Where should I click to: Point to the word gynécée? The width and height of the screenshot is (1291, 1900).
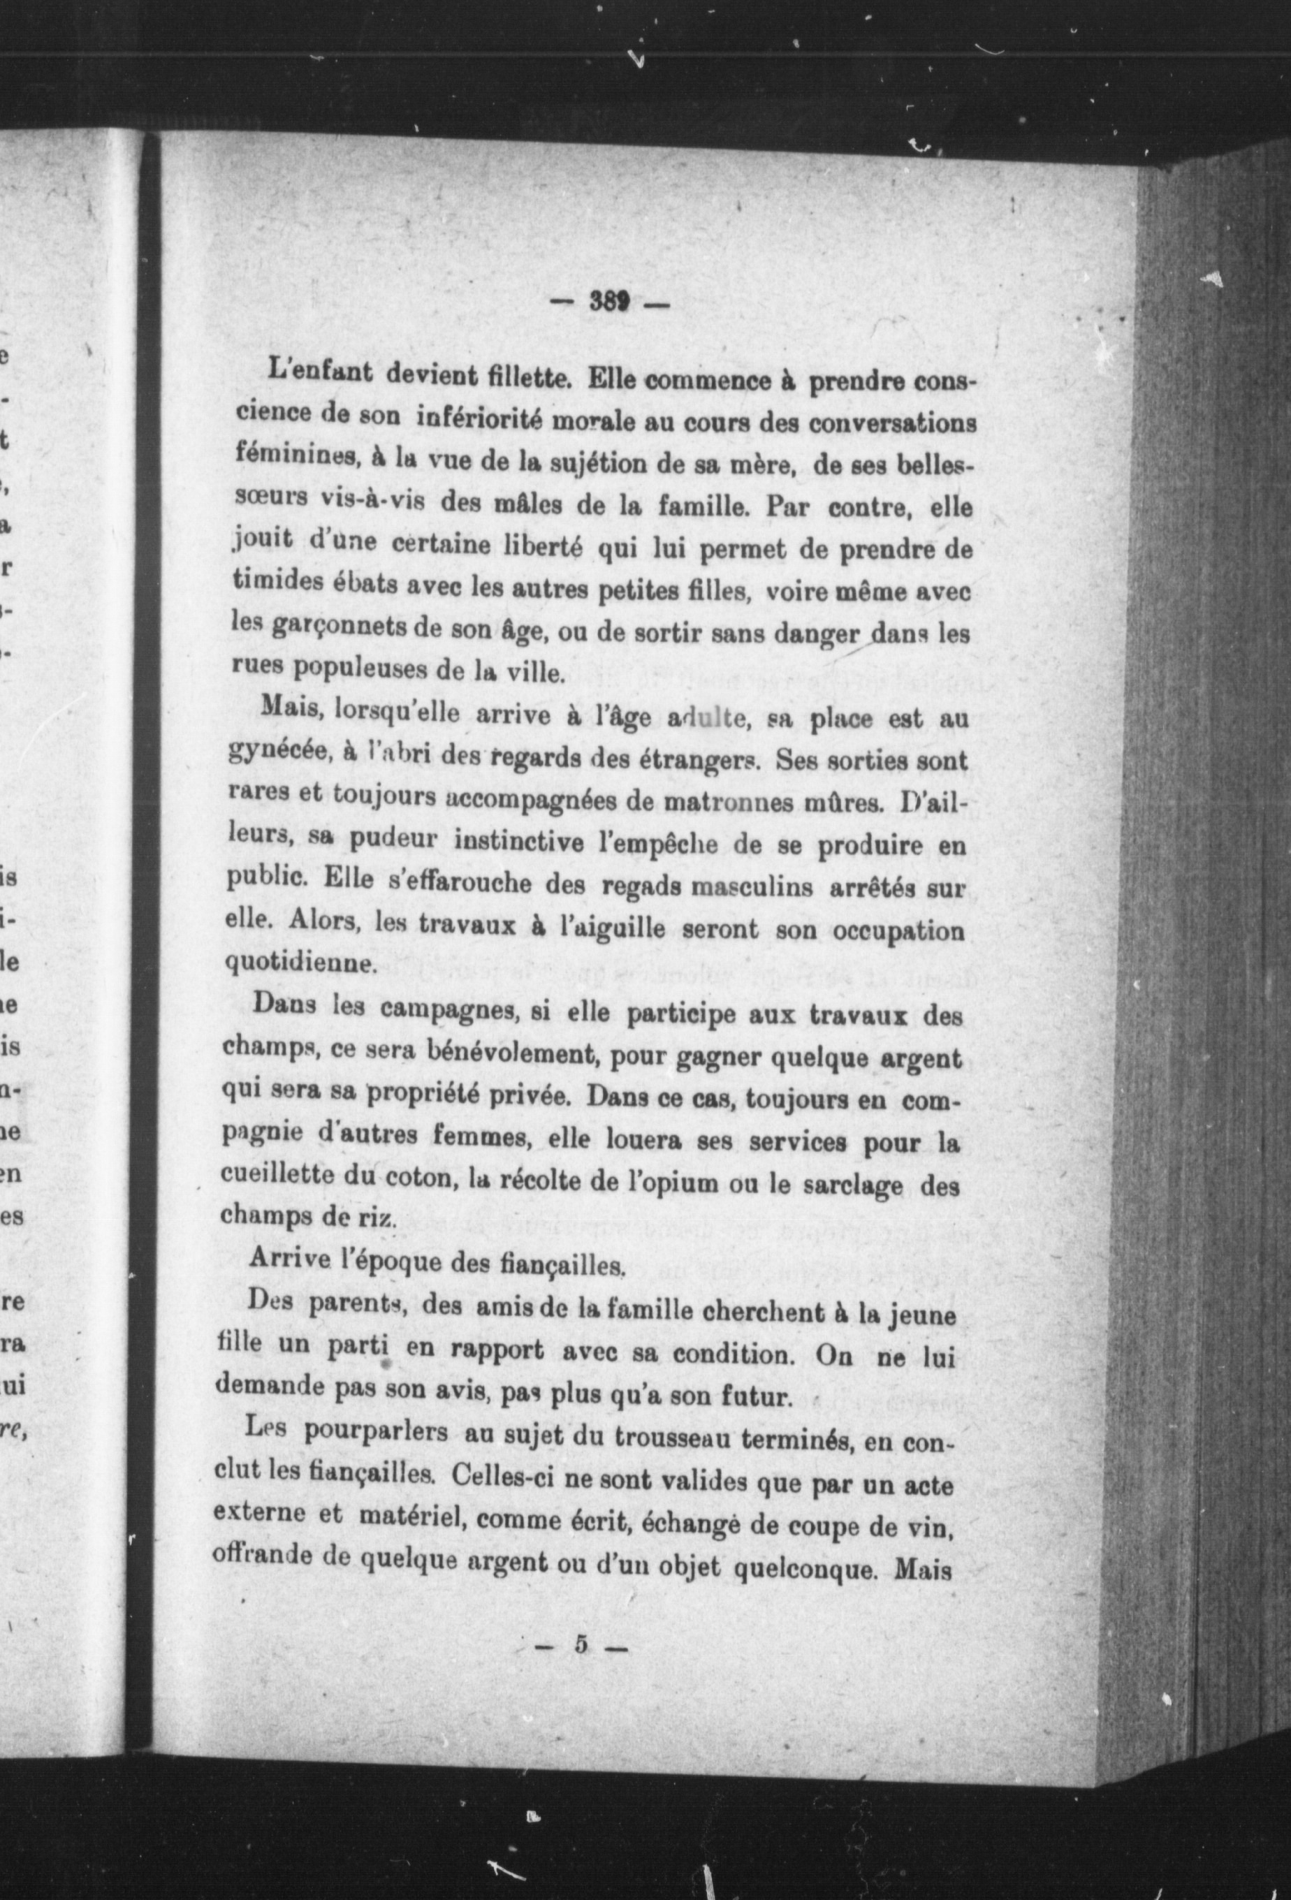tap(277, 754)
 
